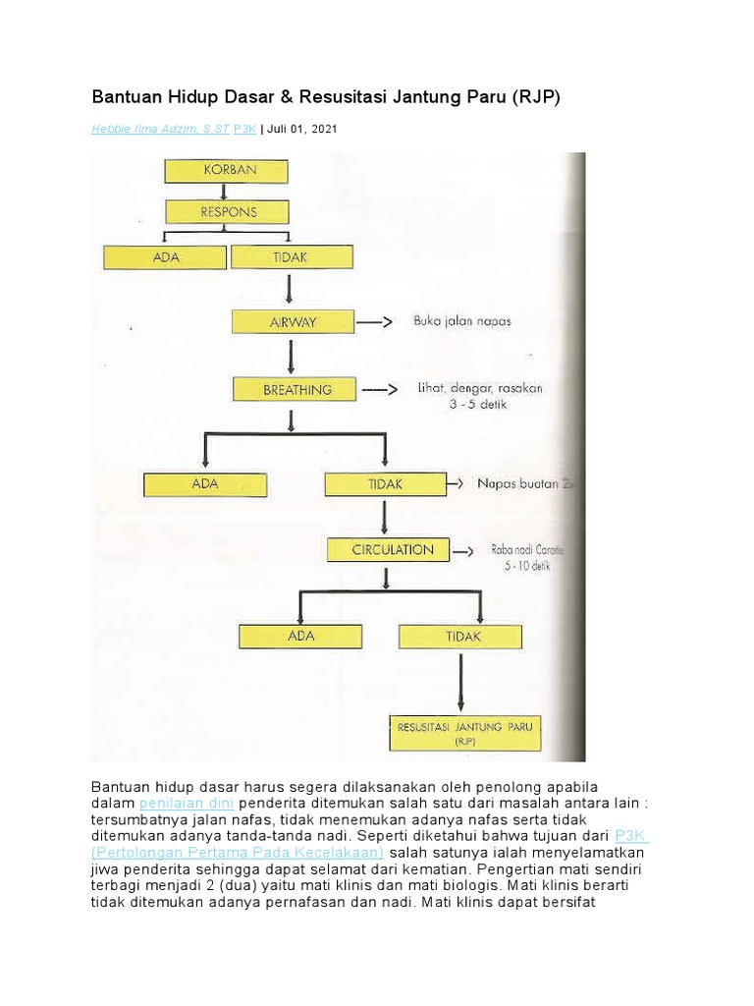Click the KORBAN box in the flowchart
(x=227, y=171)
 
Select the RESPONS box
(x=227, y=211)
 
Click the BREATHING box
(x=296, y=390)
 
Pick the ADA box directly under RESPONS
(x=164, y=257)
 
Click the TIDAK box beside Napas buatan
(x=385, y=484)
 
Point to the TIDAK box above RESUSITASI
(x=461, y=636)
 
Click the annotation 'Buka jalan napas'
(x=460, y=321)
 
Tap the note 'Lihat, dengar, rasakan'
(x=479, y=389)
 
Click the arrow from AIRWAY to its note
(x=373, y=321)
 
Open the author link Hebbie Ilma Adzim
(x=160, y=130)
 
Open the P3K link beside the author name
(x=244, y=130)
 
